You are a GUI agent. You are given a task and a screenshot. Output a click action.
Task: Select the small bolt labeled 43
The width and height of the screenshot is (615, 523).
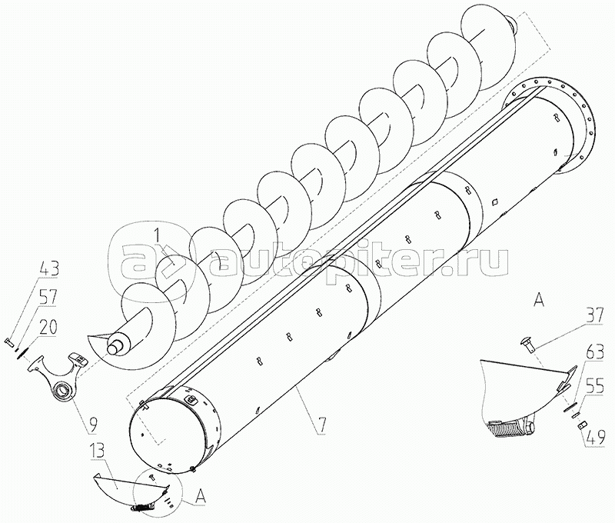pos(11,340)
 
